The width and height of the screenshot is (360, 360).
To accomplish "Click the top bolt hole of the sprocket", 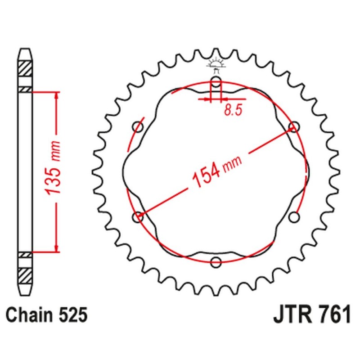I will click(216, 82).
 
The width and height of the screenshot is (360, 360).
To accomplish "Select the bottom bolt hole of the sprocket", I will click(216, 262).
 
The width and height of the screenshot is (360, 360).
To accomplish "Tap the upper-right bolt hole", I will click(294, 127).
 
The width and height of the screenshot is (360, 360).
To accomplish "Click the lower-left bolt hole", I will click(138, 217).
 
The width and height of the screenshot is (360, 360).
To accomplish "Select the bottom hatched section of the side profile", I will click(25, 274).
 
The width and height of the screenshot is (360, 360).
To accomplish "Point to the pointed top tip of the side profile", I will click(25, 49).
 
